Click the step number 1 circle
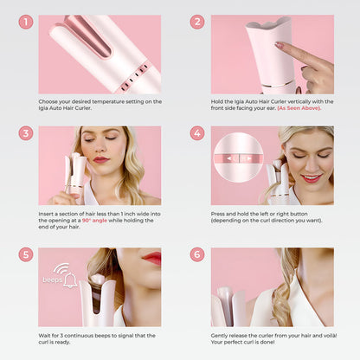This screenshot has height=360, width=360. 26,22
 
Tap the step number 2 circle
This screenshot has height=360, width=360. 197,22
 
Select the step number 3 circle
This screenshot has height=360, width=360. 26,134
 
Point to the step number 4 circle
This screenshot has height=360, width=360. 197,134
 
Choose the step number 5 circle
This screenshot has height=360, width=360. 26,255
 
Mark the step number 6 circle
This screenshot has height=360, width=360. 197,255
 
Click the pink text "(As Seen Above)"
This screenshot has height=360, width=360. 305,109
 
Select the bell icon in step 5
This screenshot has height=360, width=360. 69,280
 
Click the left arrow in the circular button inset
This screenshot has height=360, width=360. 229,158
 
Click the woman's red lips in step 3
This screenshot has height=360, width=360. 101,160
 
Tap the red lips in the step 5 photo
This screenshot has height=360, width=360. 151,258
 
